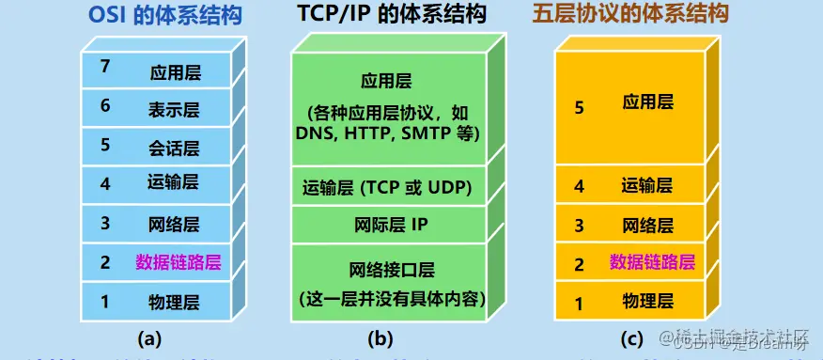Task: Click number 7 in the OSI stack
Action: coord(105,68)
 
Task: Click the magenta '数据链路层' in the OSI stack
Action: coord(179,262)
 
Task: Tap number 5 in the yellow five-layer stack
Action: coord(579,108)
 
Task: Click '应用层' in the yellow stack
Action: coord(648,102)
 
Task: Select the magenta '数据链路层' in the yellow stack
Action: coord(652,262)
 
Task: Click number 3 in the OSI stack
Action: coord(105,224)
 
